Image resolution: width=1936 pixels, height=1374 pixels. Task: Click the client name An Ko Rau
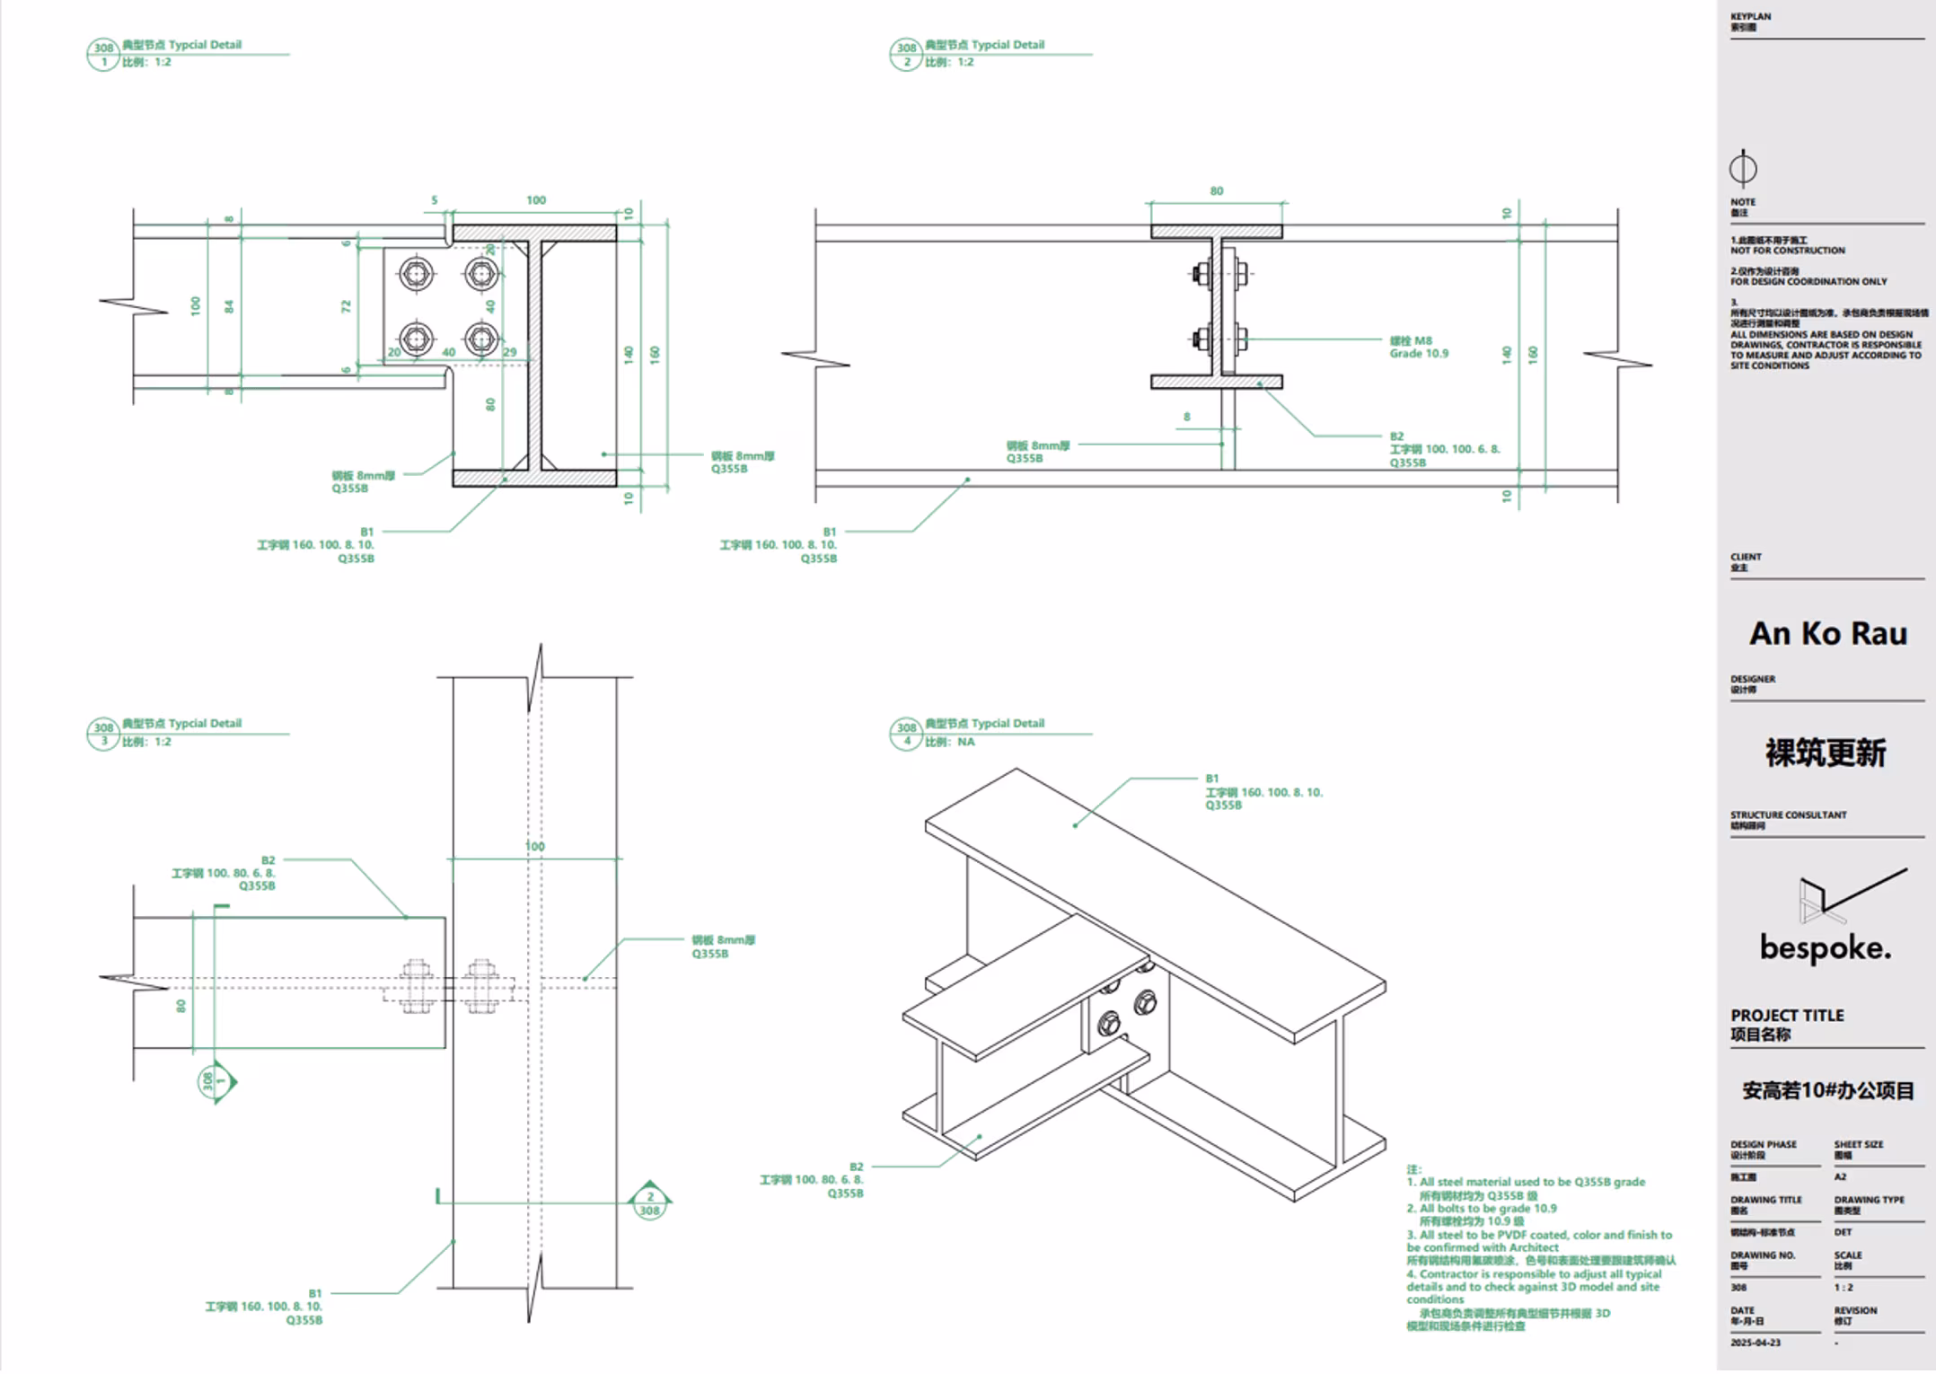click(x=1827, y=634)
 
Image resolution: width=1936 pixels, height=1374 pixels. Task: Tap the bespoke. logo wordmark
click(x=1825, y=947)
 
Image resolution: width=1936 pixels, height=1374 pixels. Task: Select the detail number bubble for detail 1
click(x=103, y=55)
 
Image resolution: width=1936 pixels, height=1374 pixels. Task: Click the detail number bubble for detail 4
click(x=906, y=734)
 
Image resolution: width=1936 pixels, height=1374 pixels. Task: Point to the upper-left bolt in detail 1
click(x=416, y=274)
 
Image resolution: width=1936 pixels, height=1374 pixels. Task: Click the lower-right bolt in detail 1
click(x=482, y=339)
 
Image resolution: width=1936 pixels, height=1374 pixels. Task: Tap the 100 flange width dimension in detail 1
click(x=536, y=200)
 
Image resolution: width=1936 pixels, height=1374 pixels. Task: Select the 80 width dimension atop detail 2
click(x=1216, y=191)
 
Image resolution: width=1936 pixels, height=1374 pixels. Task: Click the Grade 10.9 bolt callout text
click(x=1419, y=354)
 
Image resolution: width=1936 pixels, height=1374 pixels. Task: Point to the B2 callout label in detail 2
click(x=1396, y=436)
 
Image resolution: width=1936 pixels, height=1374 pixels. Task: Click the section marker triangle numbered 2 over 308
click(x=649, y=1202)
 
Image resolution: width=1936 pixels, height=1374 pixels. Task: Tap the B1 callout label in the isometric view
click(x=1212, y=779)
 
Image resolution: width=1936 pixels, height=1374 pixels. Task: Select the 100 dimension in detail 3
click(x=534, y=846)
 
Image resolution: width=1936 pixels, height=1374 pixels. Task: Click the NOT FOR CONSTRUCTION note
click(x=1787, y=251)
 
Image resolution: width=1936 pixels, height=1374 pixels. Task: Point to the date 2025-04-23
click(x=1756, y=1343)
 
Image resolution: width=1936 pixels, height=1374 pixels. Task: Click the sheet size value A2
click(x=1840, y=1176)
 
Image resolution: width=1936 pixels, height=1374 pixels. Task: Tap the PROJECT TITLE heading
click(x=1787, y=1016)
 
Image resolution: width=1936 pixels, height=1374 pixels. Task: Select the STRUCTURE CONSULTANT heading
click(x=1788, y=815)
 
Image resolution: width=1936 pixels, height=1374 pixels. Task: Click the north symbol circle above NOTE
click(x=1743, y=169)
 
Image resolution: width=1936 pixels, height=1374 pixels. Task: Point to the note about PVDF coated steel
click(x=1539, y=1241)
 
